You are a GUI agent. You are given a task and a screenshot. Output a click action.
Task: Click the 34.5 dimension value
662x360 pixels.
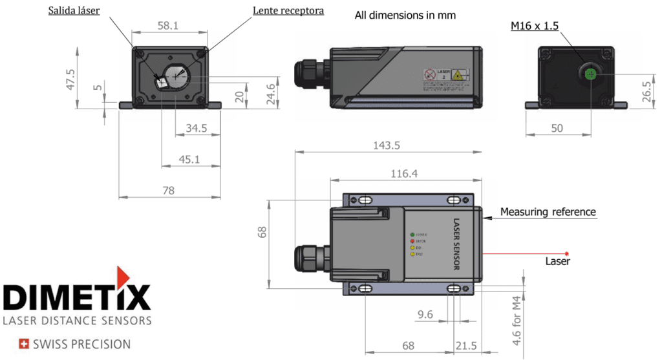click(196, 128)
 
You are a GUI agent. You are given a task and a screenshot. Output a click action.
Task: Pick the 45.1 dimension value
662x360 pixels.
click(188, 159)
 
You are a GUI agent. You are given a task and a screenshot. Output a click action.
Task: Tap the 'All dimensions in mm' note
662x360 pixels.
click(405, 15)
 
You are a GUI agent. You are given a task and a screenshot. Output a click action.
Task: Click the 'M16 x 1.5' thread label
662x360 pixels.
click(534, 25)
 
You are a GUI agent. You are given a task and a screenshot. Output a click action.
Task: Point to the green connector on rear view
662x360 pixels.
click(589, 75)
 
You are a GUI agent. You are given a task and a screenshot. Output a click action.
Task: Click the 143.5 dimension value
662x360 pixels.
click(387, 145)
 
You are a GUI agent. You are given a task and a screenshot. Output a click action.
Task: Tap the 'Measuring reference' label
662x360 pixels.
click(548, 211)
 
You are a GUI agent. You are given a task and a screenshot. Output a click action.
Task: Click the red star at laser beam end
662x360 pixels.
click(567, 253)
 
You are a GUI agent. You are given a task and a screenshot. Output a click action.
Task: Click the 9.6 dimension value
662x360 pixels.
click(425, 315)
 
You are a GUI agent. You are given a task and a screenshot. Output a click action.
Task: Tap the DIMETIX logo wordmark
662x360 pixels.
click(77, 298)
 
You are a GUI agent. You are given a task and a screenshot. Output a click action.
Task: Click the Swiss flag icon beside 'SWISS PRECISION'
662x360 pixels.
click(25, 344)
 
